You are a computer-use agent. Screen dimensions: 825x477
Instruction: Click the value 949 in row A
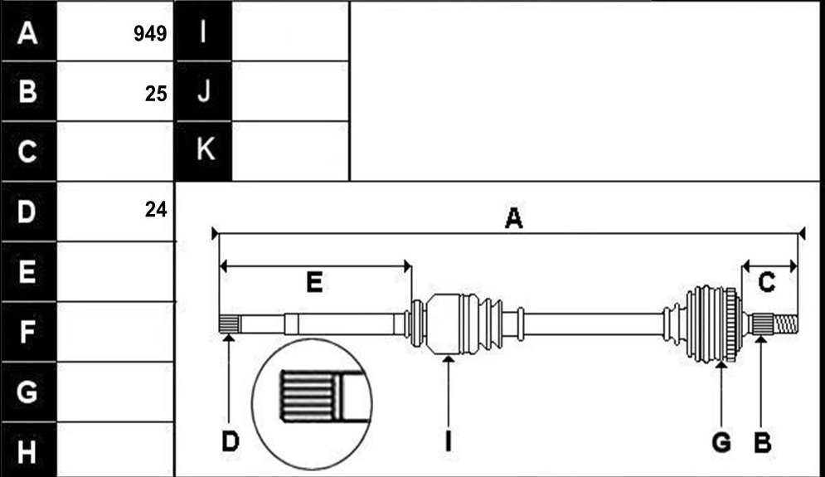pyautogui.click(x=150, y=34)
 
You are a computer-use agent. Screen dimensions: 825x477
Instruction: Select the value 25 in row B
pyautogui.click(x=156, y=94)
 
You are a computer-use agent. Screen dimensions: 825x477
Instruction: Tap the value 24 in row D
pyautogui.click(x=156, y=210)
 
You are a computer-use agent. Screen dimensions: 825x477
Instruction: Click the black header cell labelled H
pyautogui.click(x=28, y=450)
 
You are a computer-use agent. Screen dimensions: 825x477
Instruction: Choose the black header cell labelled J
pyautogui.click(x=204, y=91)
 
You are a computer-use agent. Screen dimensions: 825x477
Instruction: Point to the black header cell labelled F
pyautogui.click(x=28, y=331)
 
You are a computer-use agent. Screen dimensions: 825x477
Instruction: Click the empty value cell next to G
pyautogui.click(x=115, y=392)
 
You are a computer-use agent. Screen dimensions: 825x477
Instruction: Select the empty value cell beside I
pyautogui.click(x=290, y=31)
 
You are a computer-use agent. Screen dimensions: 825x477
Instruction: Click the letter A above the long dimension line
pyautogui.click(x=513, y=218)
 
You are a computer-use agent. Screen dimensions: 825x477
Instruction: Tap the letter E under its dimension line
pyautogui.click(x=314, y=283)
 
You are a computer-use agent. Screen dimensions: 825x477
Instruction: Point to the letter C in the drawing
pyautogui.click(x=767, y=283)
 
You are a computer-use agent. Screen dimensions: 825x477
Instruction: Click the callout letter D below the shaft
pyautogui.click(x=231, y=441)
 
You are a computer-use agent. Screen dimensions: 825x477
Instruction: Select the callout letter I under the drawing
pyautogui.click(x=449, y=441)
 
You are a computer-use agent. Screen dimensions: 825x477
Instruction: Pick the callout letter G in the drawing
pyautogui.click(x=721, y=441)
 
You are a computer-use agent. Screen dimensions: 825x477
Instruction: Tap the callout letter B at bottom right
pyautogui.click(x=762, y=441)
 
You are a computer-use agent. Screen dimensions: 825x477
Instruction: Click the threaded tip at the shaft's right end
pyautogui.click(x=785, y=323)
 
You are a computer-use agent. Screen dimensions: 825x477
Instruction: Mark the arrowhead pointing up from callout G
pyautogui.click(x=722, y=364)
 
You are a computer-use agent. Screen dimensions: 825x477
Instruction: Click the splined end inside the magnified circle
pyautogui.click(x=308, y=396)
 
